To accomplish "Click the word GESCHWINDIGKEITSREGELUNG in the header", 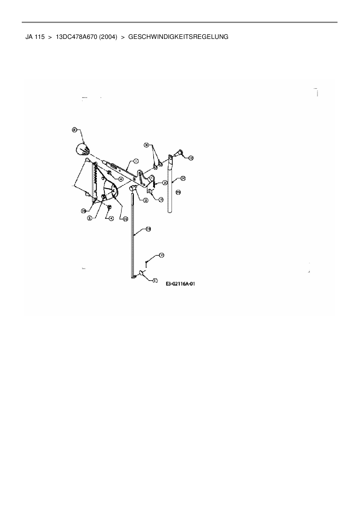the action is coord(178,37).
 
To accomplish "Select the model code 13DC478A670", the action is coord(76,37).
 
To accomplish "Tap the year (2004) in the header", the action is coord(108,37).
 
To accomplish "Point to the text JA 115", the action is coord(35,37).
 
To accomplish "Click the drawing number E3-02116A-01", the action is coord(180,284).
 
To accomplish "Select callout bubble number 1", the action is coord(135,161).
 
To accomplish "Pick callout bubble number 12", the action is coord(191,158).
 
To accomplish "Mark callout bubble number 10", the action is coord(161,199).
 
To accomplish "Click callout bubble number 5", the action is coord(90,218).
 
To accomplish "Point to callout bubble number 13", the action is coord(148,229).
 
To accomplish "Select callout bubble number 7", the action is coord(161,255).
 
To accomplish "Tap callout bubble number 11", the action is coord(155,281).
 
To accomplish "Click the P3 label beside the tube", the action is coord(179,192).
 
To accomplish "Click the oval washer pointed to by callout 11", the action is coord(142,273).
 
